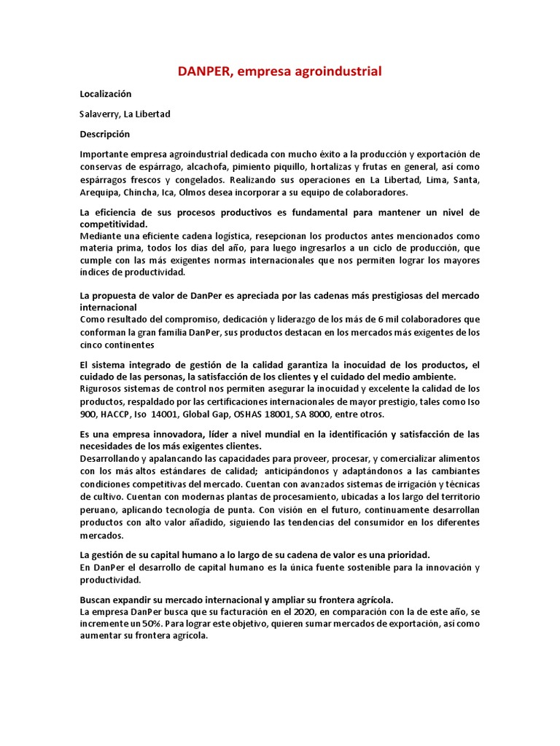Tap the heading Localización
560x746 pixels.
coord(106,94)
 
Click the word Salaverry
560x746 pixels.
coord(98,114)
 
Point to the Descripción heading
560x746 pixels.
coord(104,134)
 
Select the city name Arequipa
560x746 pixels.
coord(99,192)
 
